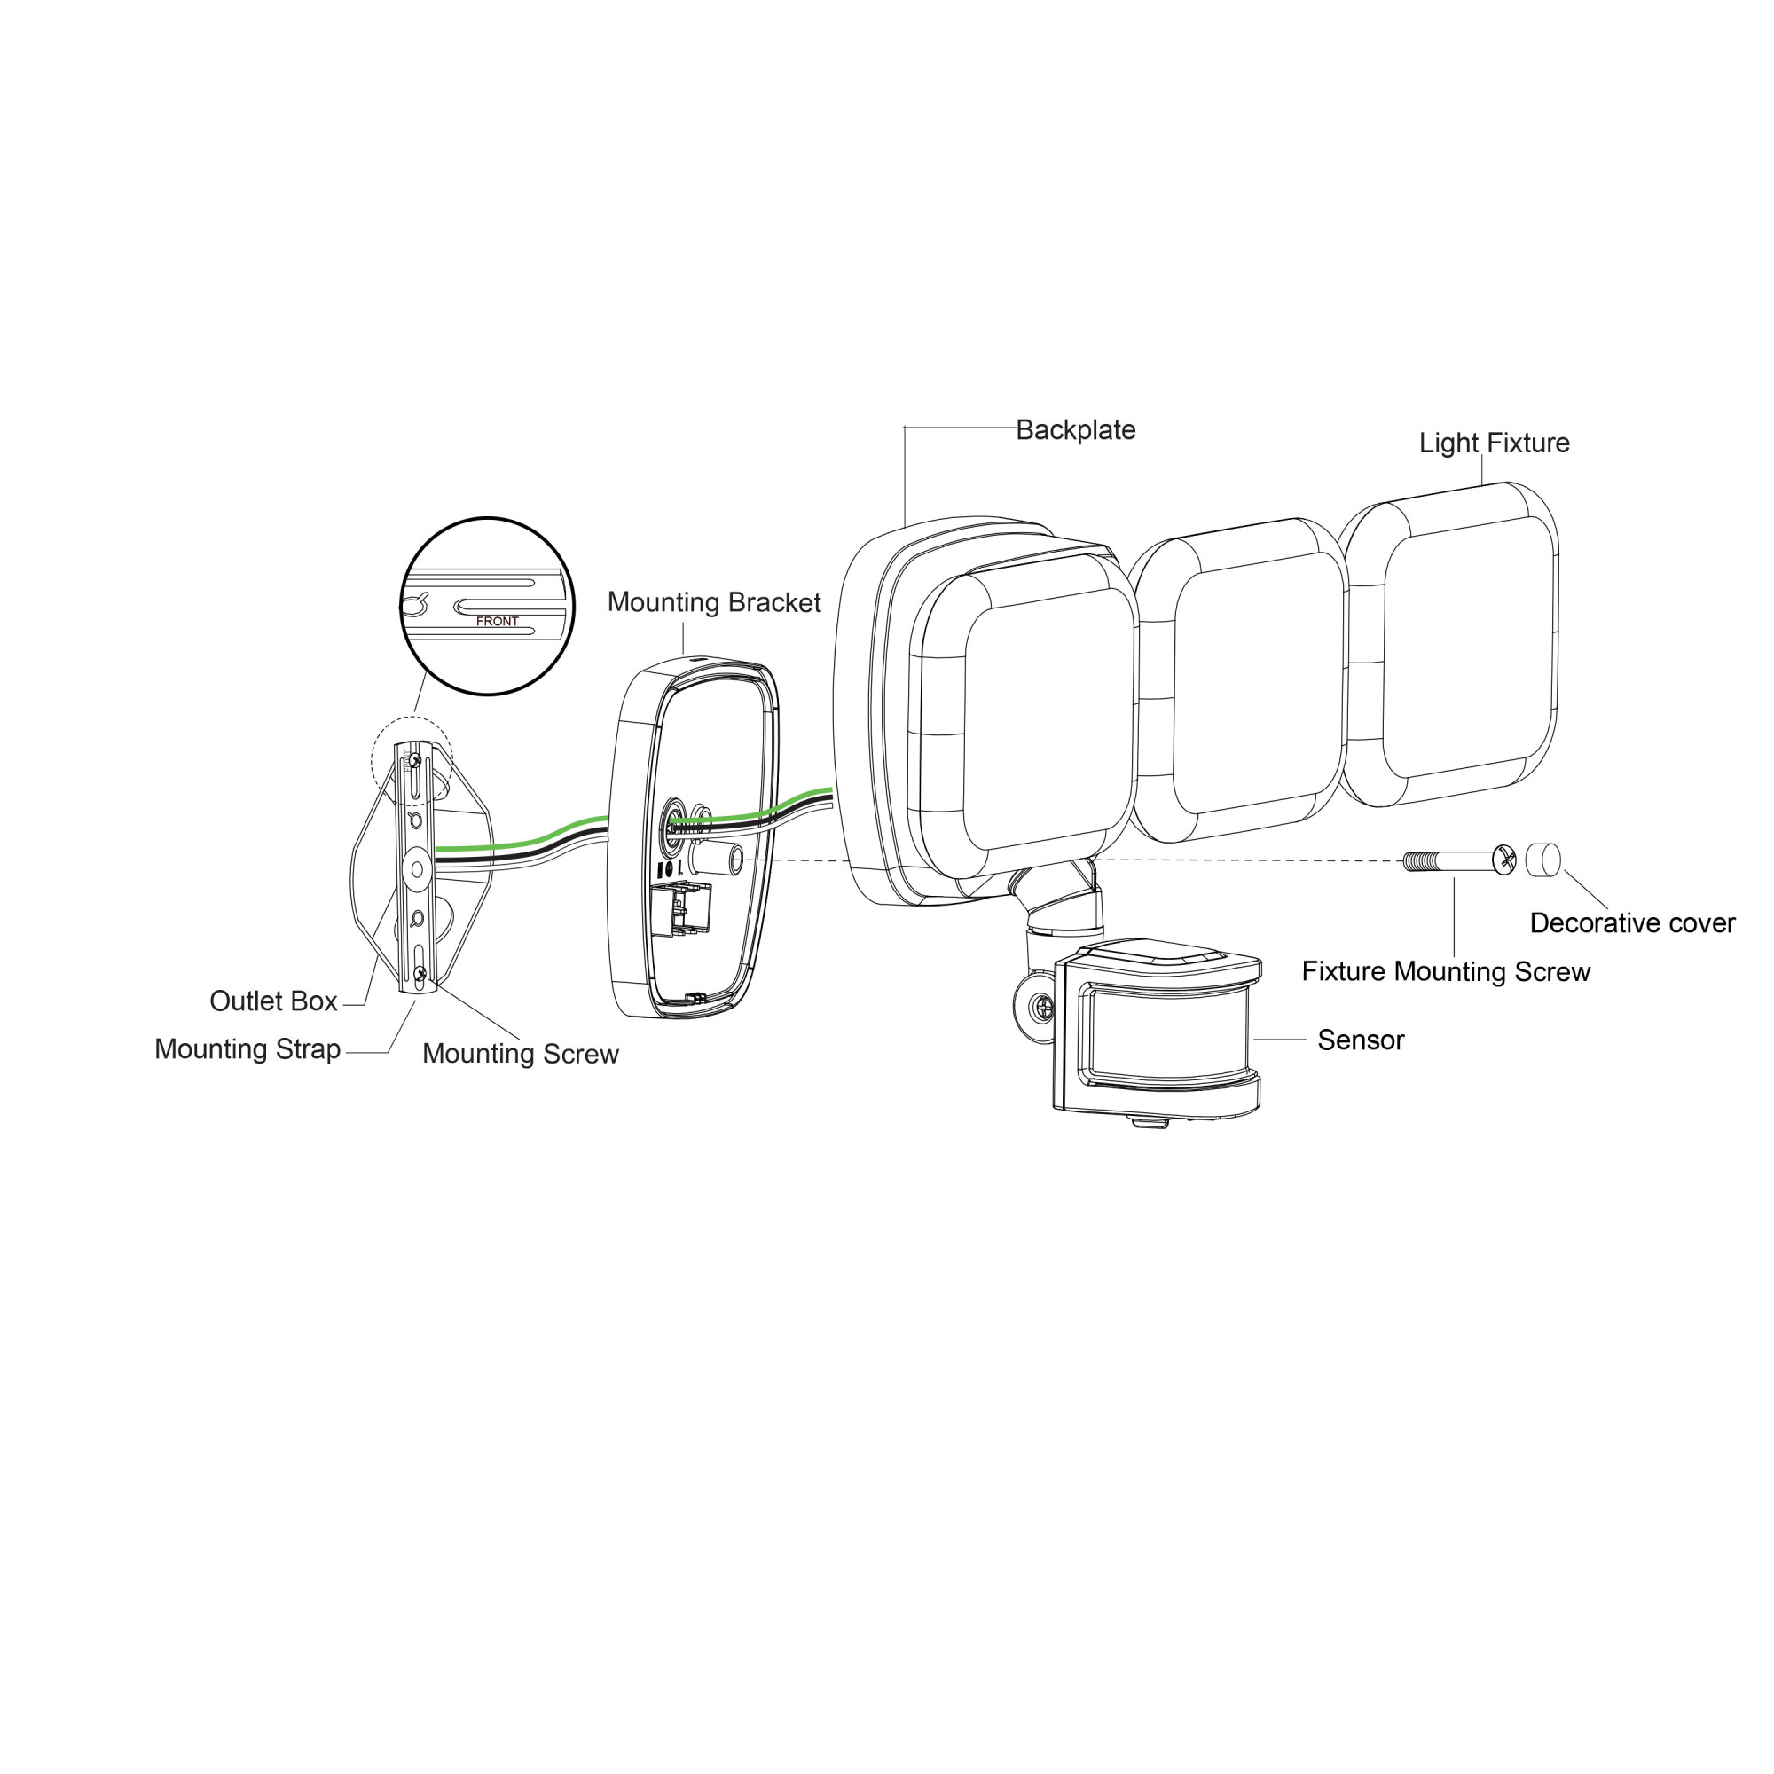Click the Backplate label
coord(1075,429)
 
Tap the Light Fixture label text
coord(1494,443)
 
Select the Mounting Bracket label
coord(714,602)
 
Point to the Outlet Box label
coord(273,1001)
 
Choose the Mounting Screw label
coord(521,1053)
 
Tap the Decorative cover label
coord(1633,922)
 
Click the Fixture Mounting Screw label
coord(1446,971)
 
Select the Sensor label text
coord(1361,1040)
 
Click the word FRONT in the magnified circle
coord(498,622)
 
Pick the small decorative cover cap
coord(1542,860)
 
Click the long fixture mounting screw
coord(1459,860)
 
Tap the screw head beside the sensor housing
coord(1043,1007)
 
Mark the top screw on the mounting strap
coord(415,759)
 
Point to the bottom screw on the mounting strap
coord(420,972)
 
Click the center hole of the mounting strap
coord(417,867)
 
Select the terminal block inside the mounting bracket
coord(680,909)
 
